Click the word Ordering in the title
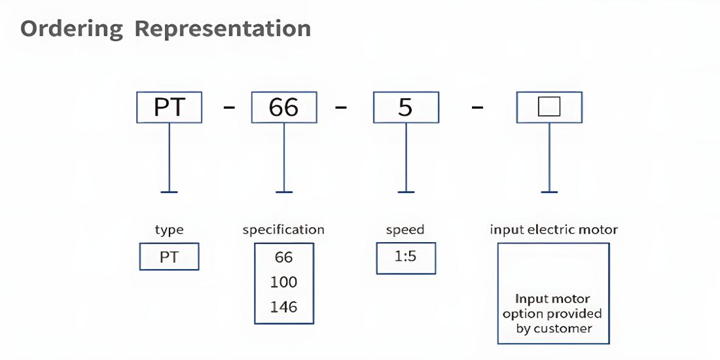tap(71, 29)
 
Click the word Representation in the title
tap(223, 29)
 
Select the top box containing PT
tap(169, 107)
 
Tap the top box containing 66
tap(284, 107)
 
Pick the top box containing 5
tap(406, 107)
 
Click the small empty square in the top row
tap(549, 107)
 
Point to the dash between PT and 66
tap(229, 107)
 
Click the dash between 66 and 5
tap(340, 107)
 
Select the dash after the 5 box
tap(478, 107)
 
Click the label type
tap(169, 230)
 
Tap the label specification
tap(283, 230)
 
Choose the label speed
tap(405, 230)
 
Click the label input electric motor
tap(554, 229)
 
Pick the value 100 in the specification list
tap(284, 282)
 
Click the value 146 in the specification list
tap(284, 307)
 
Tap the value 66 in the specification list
tap(284, 257)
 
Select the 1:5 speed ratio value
tap(405, 256)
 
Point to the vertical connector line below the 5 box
tap(406, 158)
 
